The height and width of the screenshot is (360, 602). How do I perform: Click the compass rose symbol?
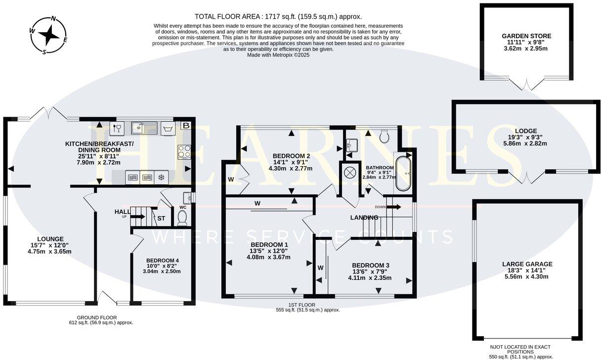coord(48,35)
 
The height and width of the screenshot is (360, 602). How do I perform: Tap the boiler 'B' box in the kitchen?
coord(186,125)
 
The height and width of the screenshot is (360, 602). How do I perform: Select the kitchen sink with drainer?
coord(144,128)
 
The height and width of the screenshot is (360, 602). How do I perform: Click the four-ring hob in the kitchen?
coord(184,152)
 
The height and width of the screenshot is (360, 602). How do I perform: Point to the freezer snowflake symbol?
coord(161,177)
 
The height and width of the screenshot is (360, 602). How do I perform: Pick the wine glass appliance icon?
coord(117,128)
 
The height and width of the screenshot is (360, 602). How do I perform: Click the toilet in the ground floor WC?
coord(182,218)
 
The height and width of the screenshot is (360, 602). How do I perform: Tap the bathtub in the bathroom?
coord(403,173)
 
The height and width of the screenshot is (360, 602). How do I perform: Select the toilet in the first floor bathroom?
coord(385,136)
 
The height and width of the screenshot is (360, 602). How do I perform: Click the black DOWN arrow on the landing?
coord(394,207)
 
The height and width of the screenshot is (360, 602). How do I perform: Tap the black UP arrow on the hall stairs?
coord(138,217)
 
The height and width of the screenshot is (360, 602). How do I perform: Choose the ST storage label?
coord(161,218)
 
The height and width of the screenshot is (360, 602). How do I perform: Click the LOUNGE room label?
coord(50,239)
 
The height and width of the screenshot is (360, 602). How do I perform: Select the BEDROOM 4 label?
coord(162,261)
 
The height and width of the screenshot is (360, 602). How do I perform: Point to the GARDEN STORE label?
coord(526,36)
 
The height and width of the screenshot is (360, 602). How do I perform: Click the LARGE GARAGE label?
coord(527,264)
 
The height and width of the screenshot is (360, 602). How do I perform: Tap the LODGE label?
coord(526,131)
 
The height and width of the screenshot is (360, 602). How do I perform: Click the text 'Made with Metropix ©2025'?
coord(278,55)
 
